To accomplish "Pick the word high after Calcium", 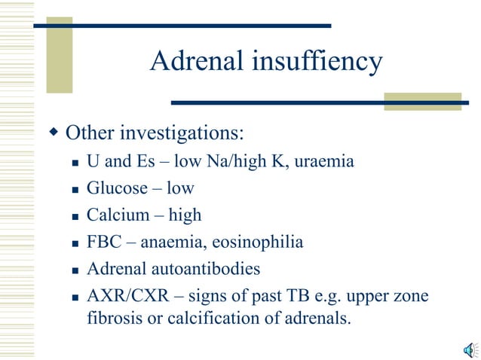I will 185,215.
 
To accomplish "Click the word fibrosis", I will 106,318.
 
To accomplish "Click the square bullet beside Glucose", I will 75,189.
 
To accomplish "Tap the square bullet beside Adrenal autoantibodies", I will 75,270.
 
